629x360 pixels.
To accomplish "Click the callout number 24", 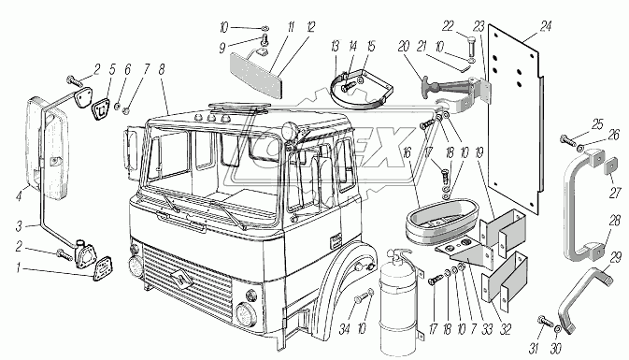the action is pyautogui.click(x=545, y=27).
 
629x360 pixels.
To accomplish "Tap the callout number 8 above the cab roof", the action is pyautogui.click(x=162, y=69).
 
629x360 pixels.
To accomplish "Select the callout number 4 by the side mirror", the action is pyautogui.click(x=19, y=196).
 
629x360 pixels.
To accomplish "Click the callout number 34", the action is pyautogui.click(x=344, y=329).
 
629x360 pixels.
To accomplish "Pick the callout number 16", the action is pyautogui.click(x=407, y=152).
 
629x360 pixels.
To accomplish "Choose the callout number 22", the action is pyautogui.click(x=448, y=26).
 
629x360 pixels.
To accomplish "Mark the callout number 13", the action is pyautogui.click(x=336, y=46).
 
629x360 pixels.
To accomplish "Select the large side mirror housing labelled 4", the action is pyautogui.click(x=48, y=149).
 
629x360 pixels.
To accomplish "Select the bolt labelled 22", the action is pyautogui.click(x=471, y=47).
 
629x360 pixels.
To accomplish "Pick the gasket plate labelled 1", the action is pyautogui.click(x=103, y=268).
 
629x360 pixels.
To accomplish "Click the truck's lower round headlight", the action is pyautogui.click(x=244, y=314).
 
